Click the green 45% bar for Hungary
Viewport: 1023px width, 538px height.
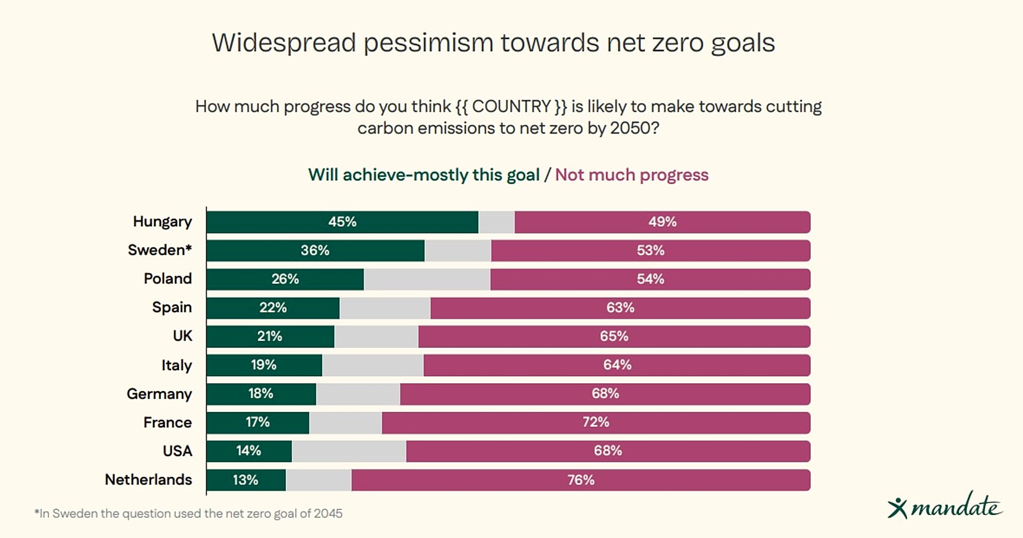(x=343, y=222)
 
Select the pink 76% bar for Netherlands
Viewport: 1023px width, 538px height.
(x=581, y=480)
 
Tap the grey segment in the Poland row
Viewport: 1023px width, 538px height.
(x=427, y=279)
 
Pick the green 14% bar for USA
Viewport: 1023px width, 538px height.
(x=249, y=451)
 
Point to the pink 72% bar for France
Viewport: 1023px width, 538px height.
(x=596, y=423)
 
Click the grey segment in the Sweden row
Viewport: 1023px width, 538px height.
(x=458, y=251)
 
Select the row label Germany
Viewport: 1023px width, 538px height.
(x=159, y=394)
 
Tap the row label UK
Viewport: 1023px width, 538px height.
(x=182, y=336)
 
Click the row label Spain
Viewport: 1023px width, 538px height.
(x=172, y=308)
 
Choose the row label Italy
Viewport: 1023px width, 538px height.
(x=176, y=365)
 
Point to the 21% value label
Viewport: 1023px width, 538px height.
(x=270, y=336)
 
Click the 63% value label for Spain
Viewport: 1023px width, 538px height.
(x=620, y=308)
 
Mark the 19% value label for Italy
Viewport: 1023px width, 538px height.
(x=264, y=365)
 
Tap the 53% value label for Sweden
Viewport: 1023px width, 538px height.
(x=651, y=251)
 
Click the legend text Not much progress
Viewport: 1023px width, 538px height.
(x=632, y=175)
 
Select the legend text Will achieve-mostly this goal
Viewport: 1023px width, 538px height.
(x=424, y=175)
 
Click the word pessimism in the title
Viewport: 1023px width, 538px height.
(x=428, y=43)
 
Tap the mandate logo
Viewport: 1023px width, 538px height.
(x=945, y=506)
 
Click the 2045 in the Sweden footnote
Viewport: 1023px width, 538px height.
(x=328, y=514)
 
